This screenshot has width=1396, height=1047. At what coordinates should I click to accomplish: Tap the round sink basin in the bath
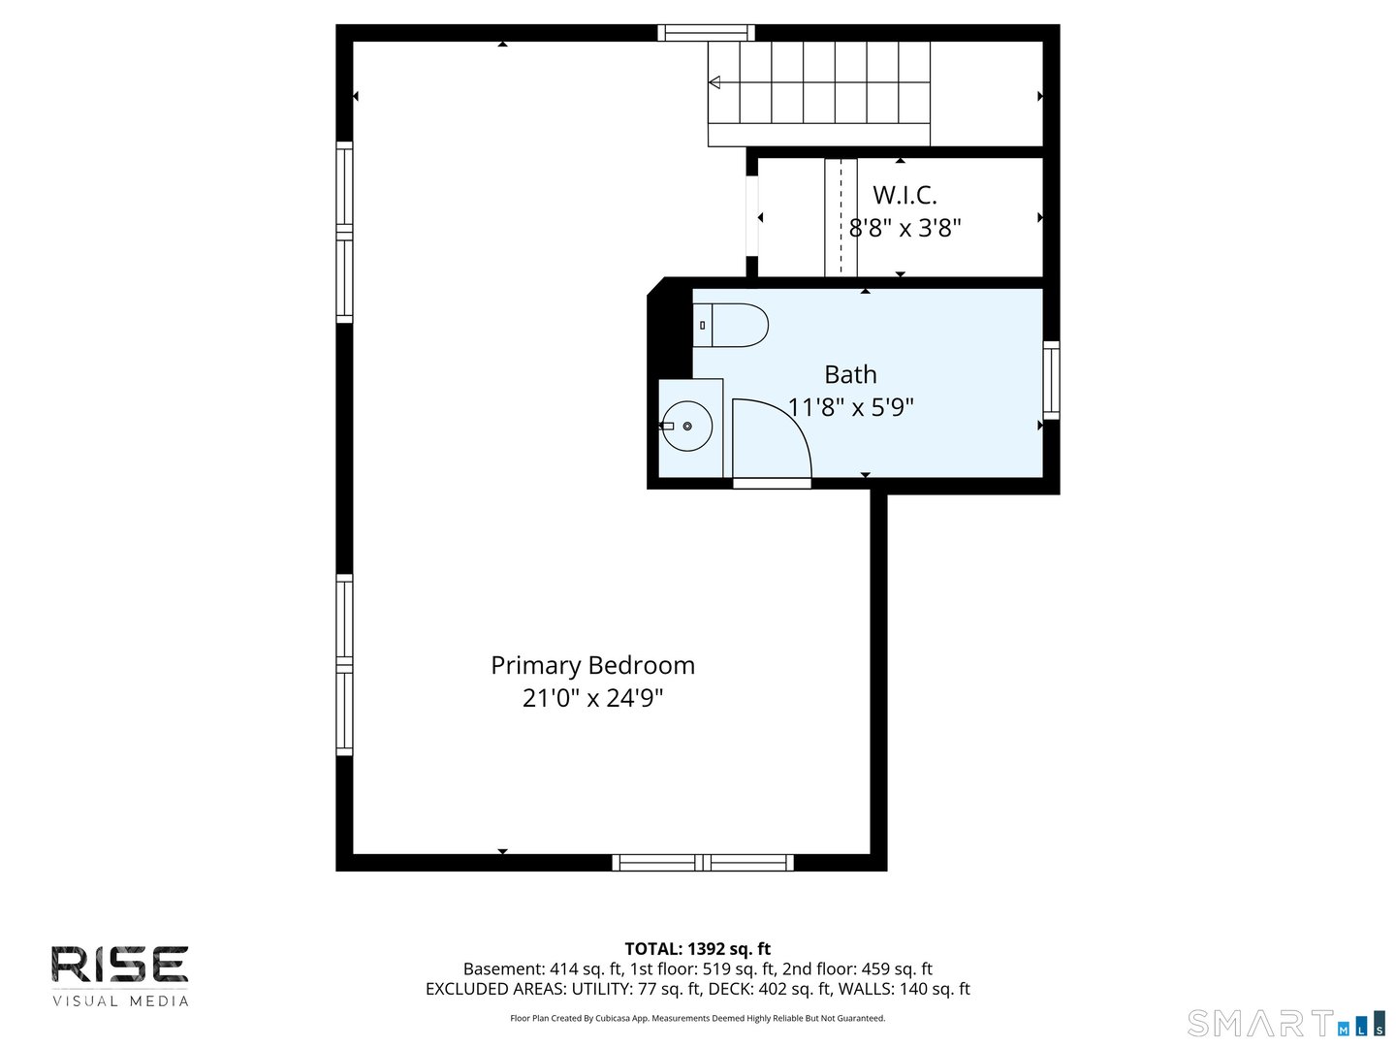pyautogui.click(x=687, y=427)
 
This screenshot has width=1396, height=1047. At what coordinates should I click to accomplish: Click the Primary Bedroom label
pyautogui.click(x=592, y=665)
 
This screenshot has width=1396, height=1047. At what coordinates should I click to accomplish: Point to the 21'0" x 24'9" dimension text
pyautogui.click(x=592, y=698)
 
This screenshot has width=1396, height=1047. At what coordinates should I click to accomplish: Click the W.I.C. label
pyautogui.click(x=904, y=195)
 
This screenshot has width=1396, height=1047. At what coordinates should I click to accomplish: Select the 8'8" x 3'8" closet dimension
pyautogui.click(x=904, y=228)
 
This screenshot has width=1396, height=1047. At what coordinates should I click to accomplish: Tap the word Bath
pyautogui.click(x=850, y=374)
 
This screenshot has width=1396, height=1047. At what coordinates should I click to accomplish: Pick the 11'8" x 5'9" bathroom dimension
pyautogui.click(x=850, y=407)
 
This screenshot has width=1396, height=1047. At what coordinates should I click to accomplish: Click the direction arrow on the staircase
pyautogui.click(x=714, y=82)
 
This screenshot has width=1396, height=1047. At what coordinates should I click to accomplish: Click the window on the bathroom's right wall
pyautogui.click(x=1051, y=380)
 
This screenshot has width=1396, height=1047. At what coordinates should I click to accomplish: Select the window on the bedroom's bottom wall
pyautogui.click(x=703, y=862)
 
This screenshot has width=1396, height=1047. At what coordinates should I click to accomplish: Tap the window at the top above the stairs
pyautogui.click(x=706, y=33)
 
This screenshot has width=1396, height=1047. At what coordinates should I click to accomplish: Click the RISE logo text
pyautogui.click(x=120, y=965)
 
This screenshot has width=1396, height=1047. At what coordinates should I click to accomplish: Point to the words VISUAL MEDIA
pyautogui.click(x=120, y=1001)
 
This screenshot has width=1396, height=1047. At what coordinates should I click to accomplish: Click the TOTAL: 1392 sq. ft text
pyautogui.click(x=697, y=949)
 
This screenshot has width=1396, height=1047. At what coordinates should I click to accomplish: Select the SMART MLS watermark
pyautogui.click(x=1285, y=1024)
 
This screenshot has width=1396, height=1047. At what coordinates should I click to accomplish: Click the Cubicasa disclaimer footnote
pyautogui.click(x=697, y=1018)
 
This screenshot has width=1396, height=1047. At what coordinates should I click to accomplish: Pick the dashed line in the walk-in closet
pyautogui.click(x=841, y=218)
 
